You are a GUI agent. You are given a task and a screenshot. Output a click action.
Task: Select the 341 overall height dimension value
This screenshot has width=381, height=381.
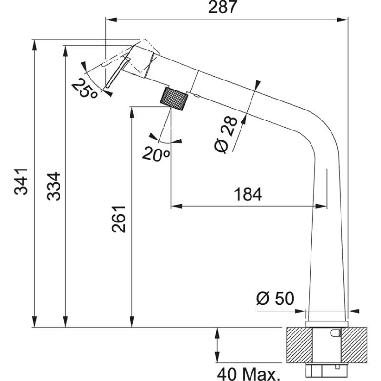tap(21, 182)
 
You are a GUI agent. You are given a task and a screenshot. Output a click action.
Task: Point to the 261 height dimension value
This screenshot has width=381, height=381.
tap(119, 219)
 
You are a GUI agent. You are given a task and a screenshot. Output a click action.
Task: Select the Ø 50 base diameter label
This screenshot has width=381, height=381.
tap(275, 299)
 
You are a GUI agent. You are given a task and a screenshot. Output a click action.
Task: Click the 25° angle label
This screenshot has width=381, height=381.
tap(84, 88)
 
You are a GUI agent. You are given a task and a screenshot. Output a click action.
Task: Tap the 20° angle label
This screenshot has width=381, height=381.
tap(156, 153)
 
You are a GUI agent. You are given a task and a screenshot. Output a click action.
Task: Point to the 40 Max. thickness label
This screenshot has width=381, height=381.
tap(248, 372)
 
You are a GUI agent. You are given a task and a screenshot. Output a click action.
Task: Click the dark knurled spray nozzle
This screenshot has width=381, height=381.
tap(174, 98)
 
